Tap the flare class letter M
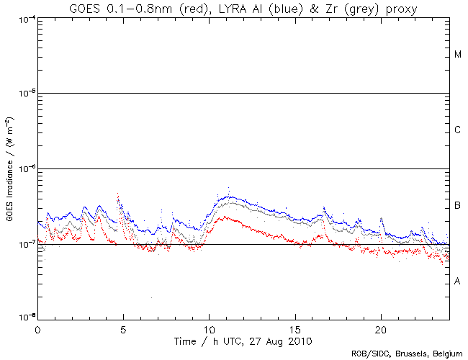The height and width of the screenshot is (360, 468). (x=458, y=55)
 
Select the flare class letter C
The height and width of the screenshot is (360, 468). (x=458, y=130)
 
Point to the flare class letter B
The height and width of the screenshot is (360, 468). (x=458, y=207)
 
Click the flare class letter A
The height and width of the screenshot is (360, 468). (x=458, y=282)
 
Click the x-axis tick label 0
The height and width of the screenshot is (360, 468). (x=37, y=328)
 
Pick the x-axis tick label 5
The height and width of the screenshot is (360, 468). (x=123, y=328)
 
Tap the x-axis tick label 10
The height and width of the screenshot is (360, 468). (x=209, y=328)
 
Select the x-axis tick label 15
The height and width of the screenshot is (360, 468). (x=294, y=328)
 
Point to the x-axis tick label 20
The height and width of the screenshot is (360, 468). (x=380, y=328)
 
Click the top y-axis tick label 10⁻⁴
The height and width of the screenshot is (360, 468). (x=25, y=19)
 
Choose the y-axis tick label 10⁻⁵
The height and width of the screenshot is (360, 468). (x=25, y=93)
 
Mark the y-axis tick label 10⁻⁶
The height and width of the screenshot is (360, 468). (x=25, y=168)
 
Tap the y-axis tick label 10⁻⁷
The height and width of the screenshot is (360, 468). (x=25, y=244)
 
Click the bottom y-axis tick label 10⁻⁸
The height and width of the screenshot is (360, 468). (x=25, y=317)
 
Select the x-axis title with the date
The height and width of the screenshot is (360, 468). (x=243, y=339)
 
